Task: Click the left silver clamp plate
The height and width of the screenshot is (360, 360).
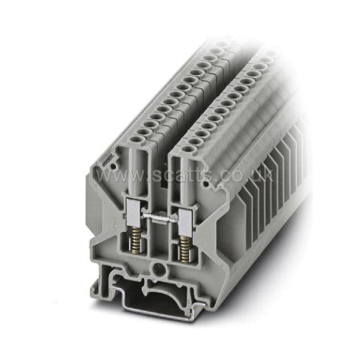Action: point(133,212)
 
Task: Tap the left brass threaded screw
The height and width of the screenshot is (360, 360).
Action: point(135,239)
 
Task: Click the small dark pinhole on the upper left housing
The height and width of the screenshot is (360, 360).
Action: point(113,165)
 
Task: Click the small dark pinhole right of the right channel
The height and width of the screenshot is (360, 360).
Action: point(205,184)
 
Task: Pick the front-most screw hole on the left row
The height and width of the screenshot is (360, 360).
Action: point(136,138)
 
